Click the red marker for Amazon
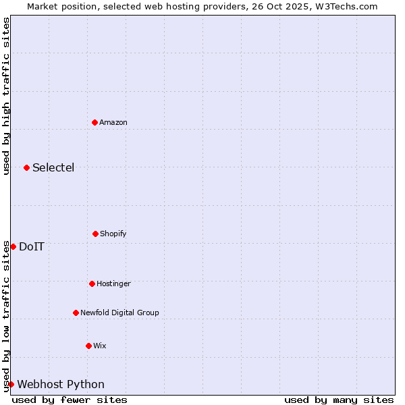[94, 122]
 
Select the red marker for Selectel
[26, 167]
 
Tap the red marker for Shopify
[95, 234]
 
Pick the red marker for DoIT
[13, 246]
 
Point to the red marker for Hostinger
[92, 283]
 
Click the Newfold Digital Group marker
[76, 313]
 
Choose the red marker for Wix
[88, 346]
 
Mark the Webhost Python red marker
[11, 384]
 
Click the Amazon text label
[113, 122]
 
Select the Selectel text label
[53, 167]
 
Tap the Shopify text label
[113, 234]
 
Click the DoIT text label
[32, 246]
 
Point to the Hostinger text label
[113, 283]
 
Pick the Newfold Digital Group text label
[119, 313]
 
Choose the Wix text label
[100, 346]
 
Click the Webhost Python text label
[61, 384]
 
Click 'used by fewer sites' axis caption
[70, 400]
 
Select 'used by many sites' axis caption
[339, 400]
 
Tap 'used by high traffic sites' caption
[6, 96]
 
